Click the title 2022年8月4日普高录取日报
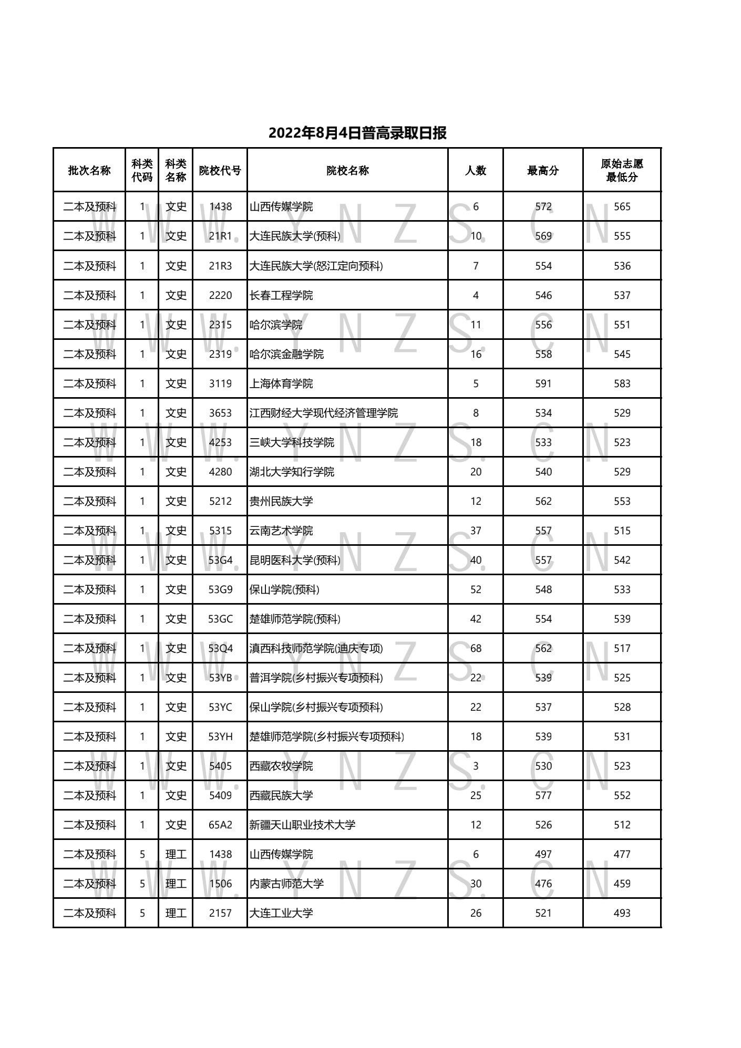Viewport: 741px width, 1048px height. click(x=357, y=133)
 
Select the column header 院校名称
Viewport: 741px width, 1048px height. click(x=347, y=170)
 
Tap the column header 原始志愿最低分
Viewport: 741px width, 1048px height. click(x=622, y=170)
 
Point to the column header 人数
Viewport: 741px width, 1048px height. click(x=476, y=170)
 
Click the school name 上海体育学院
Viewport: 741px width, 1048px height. click(x=281, y=383)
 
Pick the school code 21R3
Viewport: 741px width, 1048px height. click(x=220, y=266)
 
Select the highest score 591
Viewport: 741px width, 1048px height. click(x=543, y=383)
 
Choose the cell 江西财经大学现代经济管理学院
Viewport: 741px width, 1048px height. click(x=324, y=413)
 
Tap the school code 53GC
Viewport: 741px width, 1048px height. click(x=220, y=619)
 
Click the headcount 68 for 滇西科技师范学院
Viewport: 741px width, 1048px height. click(x=476, y=648)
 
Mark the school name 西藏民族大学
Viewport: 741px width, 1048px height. click(x=281, y=795)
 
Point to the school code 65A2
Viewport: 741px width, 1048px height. click(x=220, y=825)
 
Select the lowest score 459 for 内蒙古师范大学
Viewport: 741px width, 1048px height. click(x=622, y=884)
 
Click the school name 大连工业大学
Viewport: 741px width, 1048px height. click(x=281, y=913)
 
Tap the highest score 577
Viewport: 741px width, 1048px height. click(x=543, y=795)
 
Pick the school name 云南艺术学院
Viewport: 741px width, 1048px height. click(x=281, y=531)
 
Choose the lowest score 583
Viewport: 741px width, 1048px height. click(x=622, y=383)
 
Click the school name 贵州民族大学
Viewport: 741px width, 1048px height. click(x=281, y=501)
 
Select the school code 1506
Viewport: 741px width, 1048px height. click(x=220, y=884)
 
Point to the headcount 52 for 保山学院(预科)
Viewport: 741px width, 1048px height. click(x=476, y=589)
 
